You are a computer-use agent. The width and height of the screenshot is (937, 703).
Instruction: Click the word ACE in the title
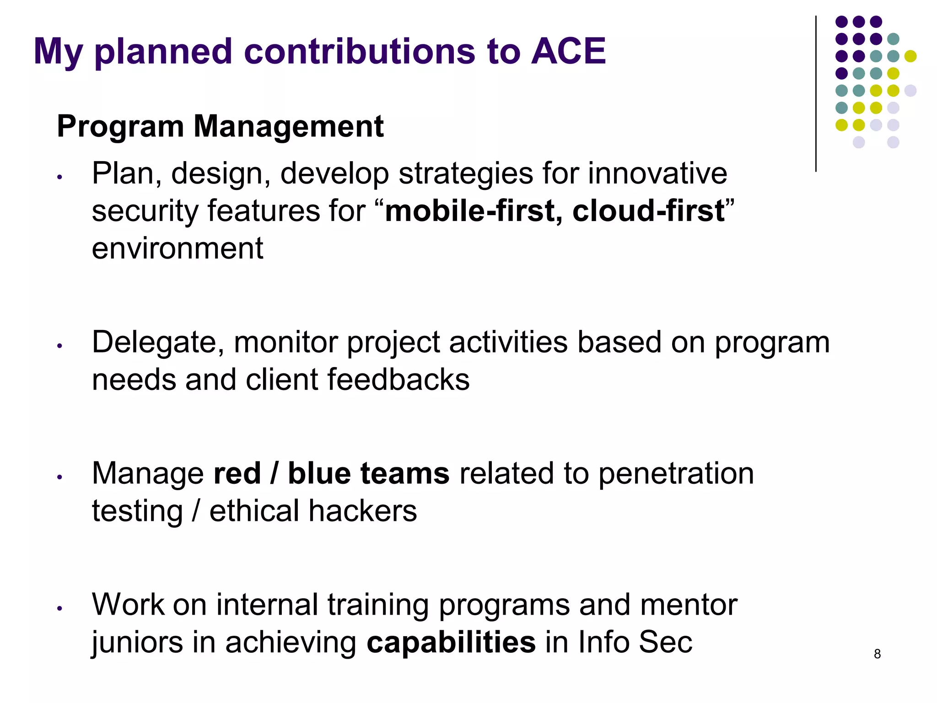[x=568, y=51]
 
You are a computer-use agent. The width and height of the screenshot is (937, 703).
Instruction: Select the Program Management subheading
[x=220, y=126]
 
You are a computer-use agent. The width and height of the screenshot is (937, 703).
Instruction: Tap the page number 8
[x=877, y=654]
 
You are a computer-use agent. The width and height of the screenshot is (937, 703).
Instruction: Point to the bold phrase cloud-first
[x=648, y=211]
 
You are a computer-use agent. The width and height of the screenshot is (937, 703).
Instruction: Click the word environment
[x=178, y=249]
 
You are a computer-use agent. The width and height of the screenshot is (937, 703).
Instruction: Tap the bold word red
[x=237, y=473]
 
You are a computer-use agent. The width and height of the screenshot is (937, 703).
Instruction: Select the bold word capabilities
[x=451, y=642]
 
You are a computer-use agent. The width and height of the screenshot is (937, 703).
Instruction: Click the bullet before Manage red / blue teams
[x=59, y=477]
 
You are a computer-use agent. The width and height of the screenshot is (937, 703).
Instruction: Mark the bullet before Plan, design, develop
[x=59, y=177]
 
